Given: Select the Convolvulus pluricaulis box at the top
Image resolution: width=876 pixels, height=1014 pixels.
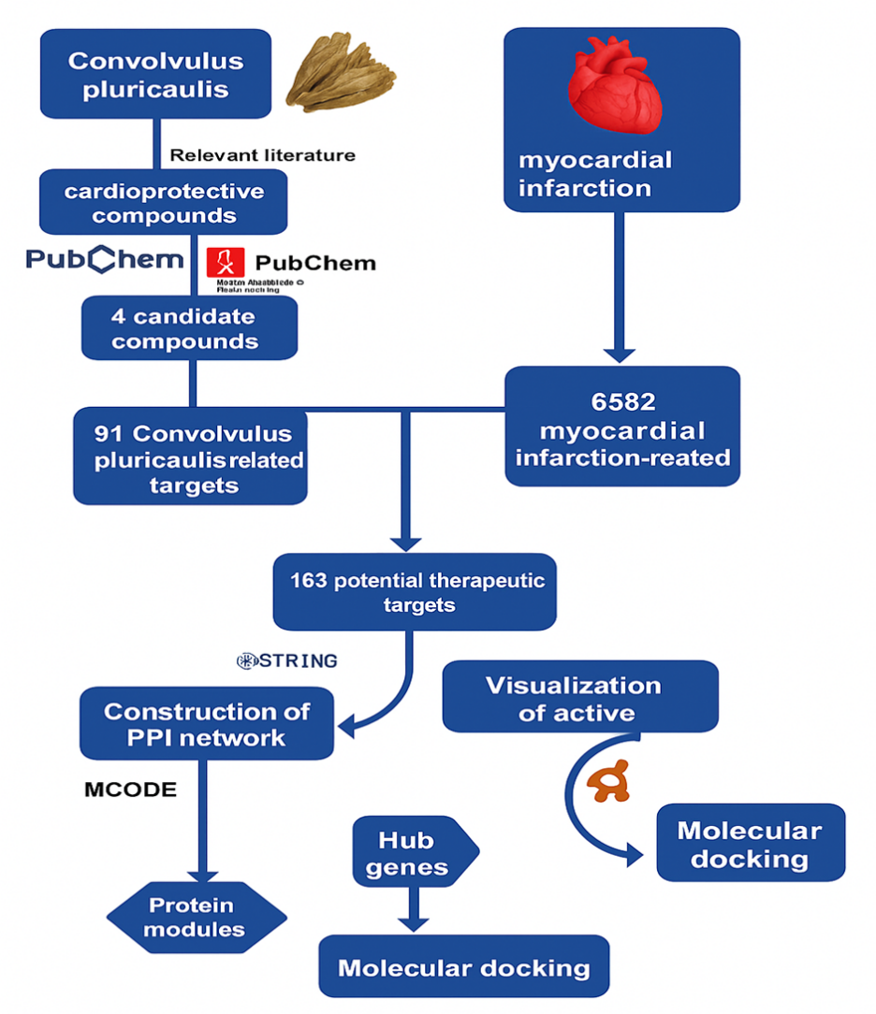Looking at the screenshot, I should [155, 75].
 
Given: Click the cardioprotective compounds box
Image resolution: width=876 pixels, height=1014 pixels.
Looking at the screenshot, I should [163, 203].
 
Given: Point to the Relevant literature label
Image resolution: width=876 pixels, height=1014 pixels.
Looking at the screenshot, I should [262, 155].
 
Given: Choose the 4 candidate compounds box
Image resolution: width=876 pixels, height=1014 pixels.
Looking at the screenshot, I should [189, 328].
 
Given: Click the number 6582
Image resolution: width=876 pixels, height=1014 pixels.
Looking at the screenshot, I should [622, 403].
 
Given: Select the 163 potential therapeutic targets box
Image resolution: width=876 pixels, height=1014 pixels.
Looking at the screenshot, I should [414, 592].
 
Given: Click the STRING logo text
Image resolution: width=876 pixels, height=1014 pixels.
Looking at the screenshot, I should [286, 661].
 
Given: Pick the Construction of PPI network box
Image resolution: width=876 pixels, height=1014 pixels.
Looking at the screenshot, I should [206, 724].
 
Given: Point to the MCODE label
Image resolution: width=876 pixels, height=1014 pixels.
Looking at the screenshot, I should [130, 789].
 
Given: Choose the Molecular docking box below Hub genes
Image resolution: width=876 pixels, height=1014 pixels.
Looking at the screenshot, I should [463, 967].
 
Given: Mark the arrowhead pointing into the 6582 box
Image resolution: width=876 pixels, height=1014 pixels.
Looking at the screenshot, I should [618, 354].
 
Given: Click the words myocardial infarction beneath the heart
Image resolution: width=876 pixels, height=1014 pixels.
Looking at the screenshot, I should [595, 173].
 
